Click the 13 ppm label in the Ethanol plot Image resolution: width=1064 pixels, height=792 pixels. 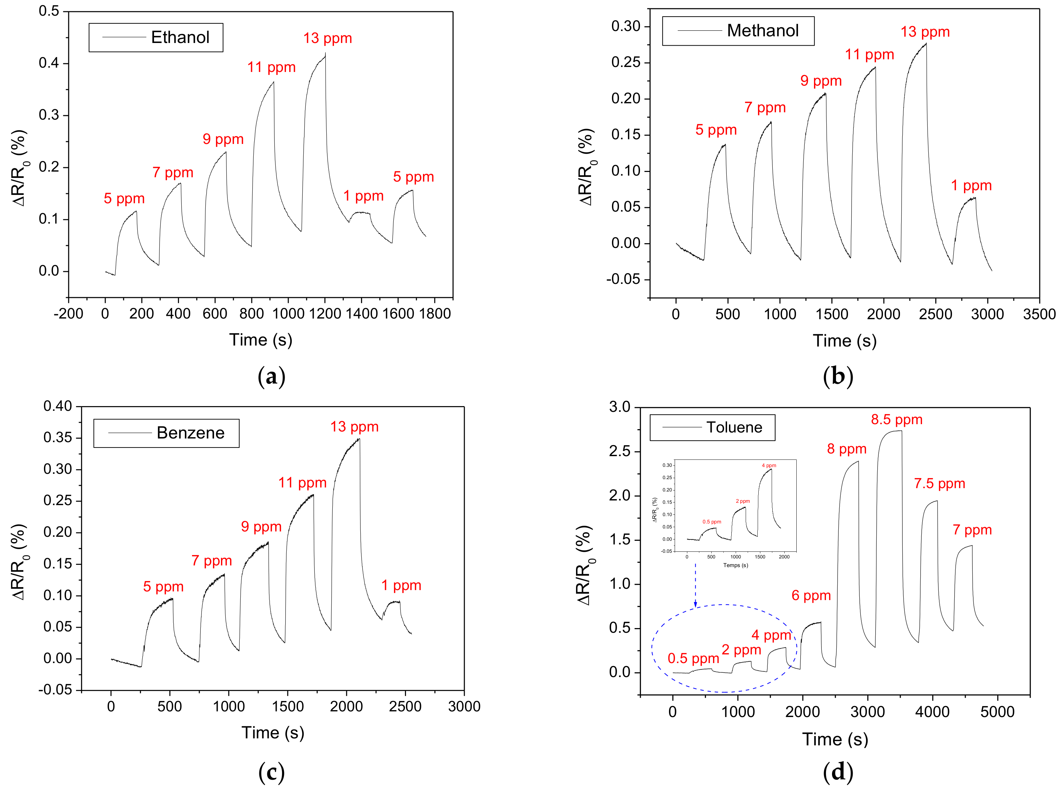pos(327,38)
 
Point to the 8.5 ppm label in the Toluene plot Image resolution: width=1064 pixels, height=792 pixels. pos(896,420)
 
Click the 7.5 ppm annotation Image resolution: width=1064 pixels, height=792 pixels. pos(939,484)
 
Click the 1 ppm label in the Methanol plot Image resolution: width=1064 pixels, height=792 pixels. pos(971,186)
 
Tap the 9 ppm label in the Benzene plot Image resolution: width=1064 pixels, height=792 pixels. pos(261,527)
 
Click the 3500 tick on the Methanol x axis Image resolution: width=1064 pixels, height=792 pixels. pos(1039,315)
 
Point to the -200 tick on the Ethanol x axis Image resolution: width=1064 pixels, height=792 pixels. pos(69,314)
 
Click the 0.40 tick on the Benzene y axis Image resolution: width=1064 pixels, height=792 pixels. pos(58,406)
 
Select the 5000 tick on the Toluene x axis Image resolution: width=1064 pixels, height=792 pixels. pos(997,712)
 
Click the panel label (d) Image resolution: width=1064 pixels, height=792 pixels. pos(838,772)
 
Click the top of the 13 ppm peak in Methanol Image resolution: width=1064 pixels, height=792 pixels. pos(925,44)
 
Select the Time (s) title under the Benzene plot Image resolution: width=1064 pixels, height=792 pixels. pos(273,733)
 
